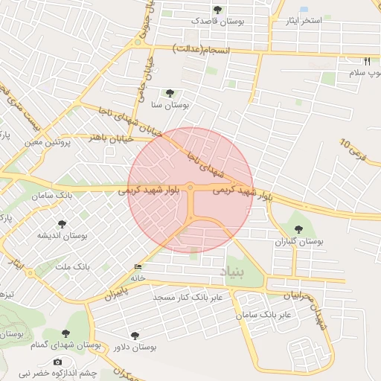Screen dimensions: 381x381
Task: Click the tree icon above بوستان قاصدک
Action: (x=217, y=10)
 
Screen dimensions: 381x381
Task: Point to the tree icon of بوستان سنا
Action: (x=170, y=94)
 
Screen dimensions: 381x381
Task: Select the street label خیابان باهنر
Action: (x=109, y=137)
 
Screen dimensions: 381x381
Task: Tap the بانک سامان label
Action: (x=53, y=194)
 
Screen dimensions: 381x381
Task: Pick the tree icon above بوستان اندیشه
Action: (x=62, y=223)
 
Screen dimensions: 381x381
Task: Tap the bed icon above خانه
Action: (x=138, y=267)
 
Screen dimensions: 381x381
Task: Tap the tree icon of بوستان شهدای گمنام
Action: (x=65, y=334)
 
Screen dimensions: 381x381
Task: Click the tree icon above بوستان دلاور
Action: (x=134, y=336)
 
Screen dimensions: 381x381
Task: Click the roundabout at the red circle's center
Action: (x=190, y=188)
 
